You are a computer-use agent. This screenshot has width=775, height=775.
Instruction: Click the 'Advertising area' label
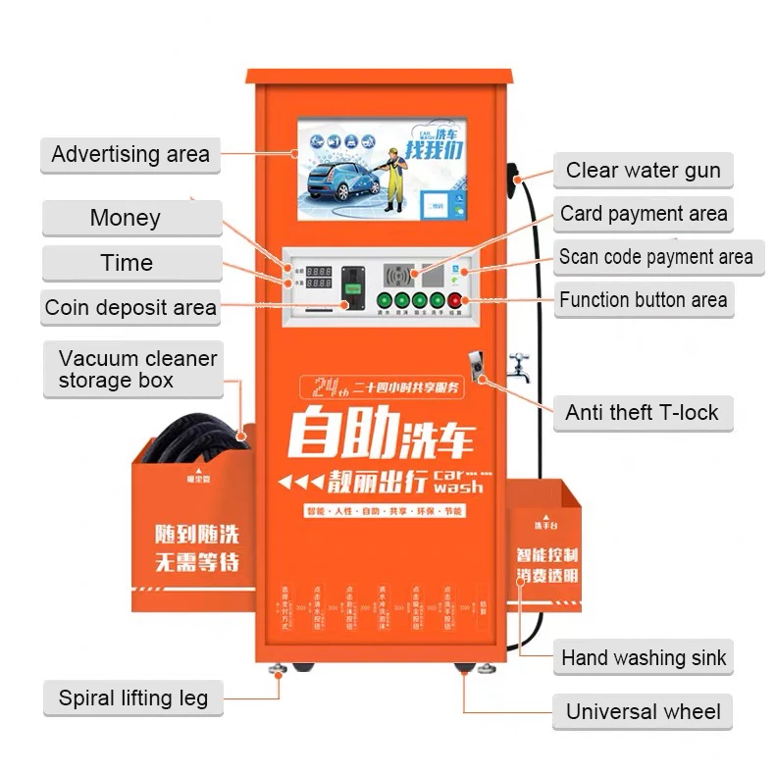tap(129, 154)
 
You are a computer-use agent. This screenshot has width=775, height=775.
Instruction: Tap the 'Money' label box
tap(125, 218)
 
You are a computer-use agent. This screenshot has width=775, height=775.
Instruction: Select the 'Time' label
tap(127, 263)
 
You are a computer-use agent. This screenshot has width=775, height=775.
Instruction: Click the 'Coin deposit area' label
tap(129, 308)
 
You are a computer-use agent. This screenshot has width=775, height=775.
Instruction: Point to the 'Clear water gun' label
tap(643, 171)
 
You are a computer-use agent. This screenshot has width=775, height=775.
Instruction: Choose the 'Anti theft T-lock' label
tap(642, 413)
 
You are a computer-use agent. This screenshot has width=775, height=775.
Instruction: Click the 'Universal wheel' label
tap(643, 712)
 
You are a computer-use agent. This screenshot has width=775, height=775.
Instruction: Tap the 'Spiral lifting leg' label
tap(132, 698)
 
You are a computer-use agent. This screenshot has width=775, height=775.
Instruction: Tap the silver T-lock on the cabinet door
tap(475, 364)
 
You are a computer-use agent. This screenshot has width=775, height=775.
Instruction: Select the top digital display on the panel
tap(319, 270)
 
